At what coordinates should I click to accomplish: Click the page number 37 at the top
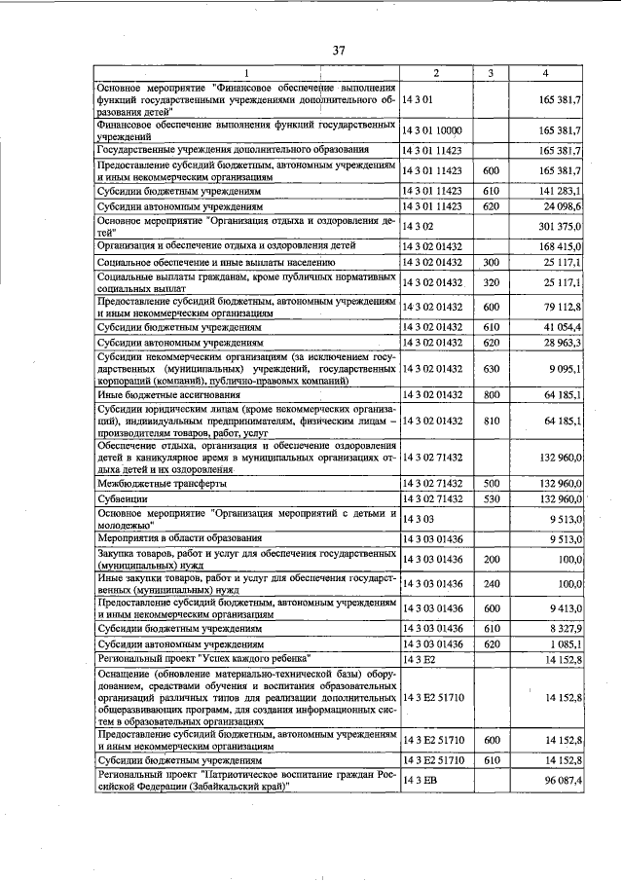(338, 51)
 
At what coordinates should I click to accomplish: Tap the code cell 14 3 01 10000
(434, 129)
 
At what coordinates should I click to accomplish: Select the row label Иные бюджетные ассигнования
(147, 394)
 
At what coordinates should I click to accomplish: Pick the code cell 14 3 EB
(421, 781)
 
